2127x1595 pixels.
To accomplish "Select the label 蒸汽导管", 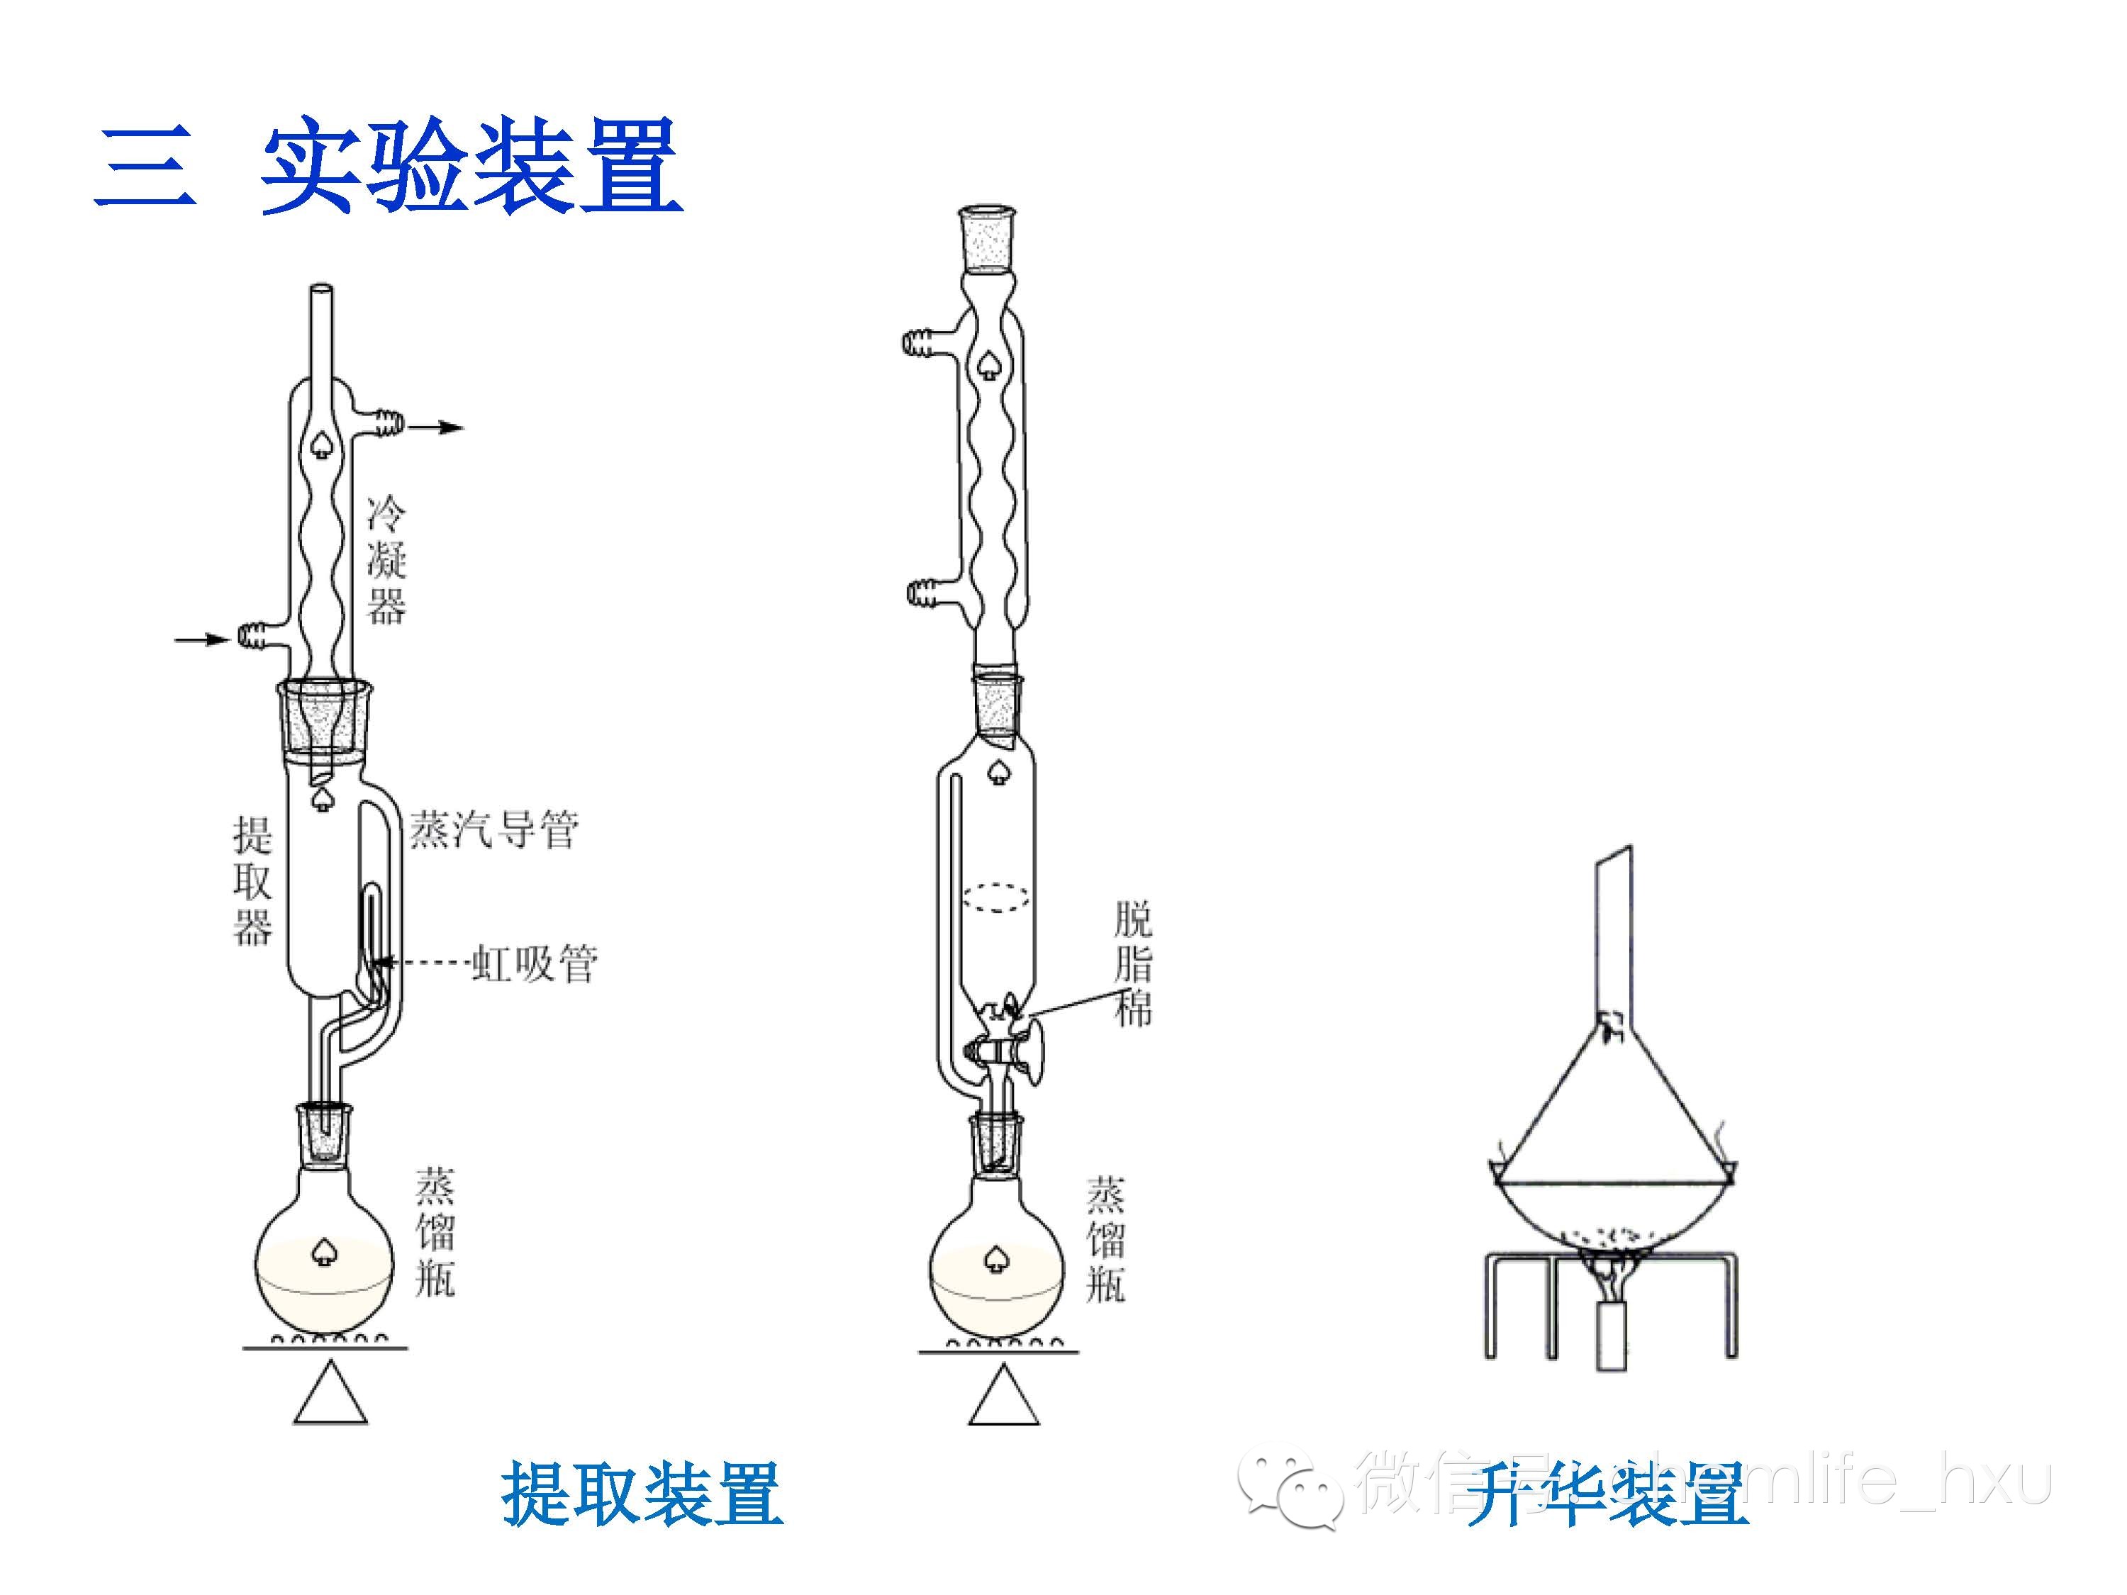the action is (493, 829).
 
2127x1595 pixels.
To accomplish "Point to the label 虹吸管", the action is (535, 963).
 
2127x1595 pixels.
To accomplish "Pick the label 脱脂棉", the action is (1133, 964).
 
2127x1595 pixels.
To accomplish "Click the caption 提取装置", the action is (642, 1493).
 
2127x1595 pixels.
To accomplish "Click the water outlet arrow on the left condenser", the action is (438, 427).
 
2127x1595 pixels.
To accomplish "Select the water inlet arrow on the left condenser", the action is (202, 639).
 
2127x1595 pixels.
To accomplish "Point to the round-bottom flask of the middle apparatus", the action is (997, 1269).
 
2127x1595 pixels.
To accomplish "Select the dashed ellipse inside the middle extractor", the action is (996, 896).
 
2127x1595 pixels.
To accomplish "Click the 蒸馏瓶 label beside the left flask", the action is (435, 1233).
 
